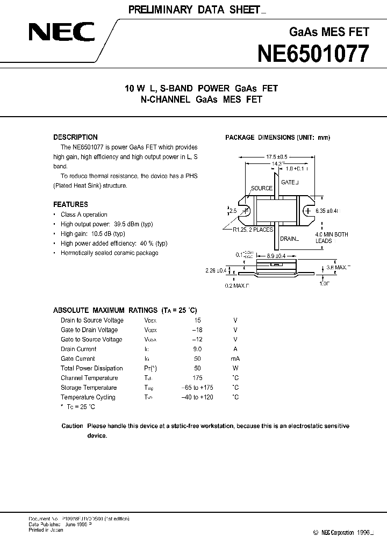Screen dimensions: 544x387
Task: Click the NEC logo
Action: (x=62, y=34)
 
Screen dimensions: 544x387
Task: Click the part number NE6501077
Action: (x=314, y=54)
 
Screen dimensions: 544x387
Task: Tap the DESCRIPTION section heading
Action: (x=75, y=137)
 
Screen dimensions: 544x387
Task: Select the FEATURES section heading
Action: (x=70, y=204)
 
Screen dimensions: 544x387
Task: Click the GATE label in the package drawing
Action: (x=289, y=183)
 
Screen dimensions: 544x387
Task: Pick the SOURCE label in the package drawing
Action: (x=262, y=189)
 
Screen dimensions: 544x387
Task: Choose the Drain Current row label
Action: (x=78, y=349)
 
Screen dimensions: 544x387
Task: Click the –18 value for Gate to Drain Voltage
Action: (x=199, y=330)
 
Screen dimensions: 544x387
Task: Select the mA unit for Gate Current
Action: (x=235, y=359)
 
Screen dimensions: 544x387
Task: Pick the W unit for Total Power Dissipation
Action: (x=235, y=368)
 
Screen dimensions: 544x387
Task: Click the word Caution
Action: (x=72, y=426)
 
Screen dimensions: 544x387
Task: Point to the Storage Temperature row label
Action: (x=89, y=388)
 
